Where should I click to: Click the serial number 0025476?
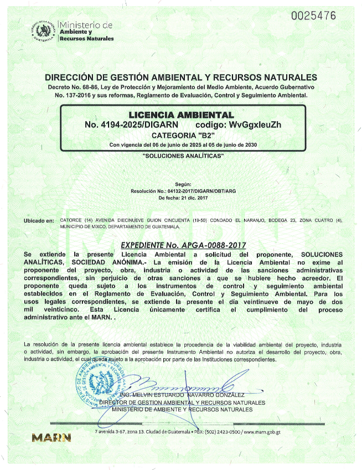pos(313,16)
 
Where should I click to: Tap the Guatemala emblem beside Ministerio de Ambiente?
pos(44,31)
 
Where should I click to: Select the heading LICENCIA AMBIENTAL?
pos(182,115)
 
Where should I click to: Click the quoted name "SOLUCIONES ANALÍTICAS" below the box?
pos(183,157)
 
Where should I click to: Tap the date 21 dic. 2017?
pos(192,198)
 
